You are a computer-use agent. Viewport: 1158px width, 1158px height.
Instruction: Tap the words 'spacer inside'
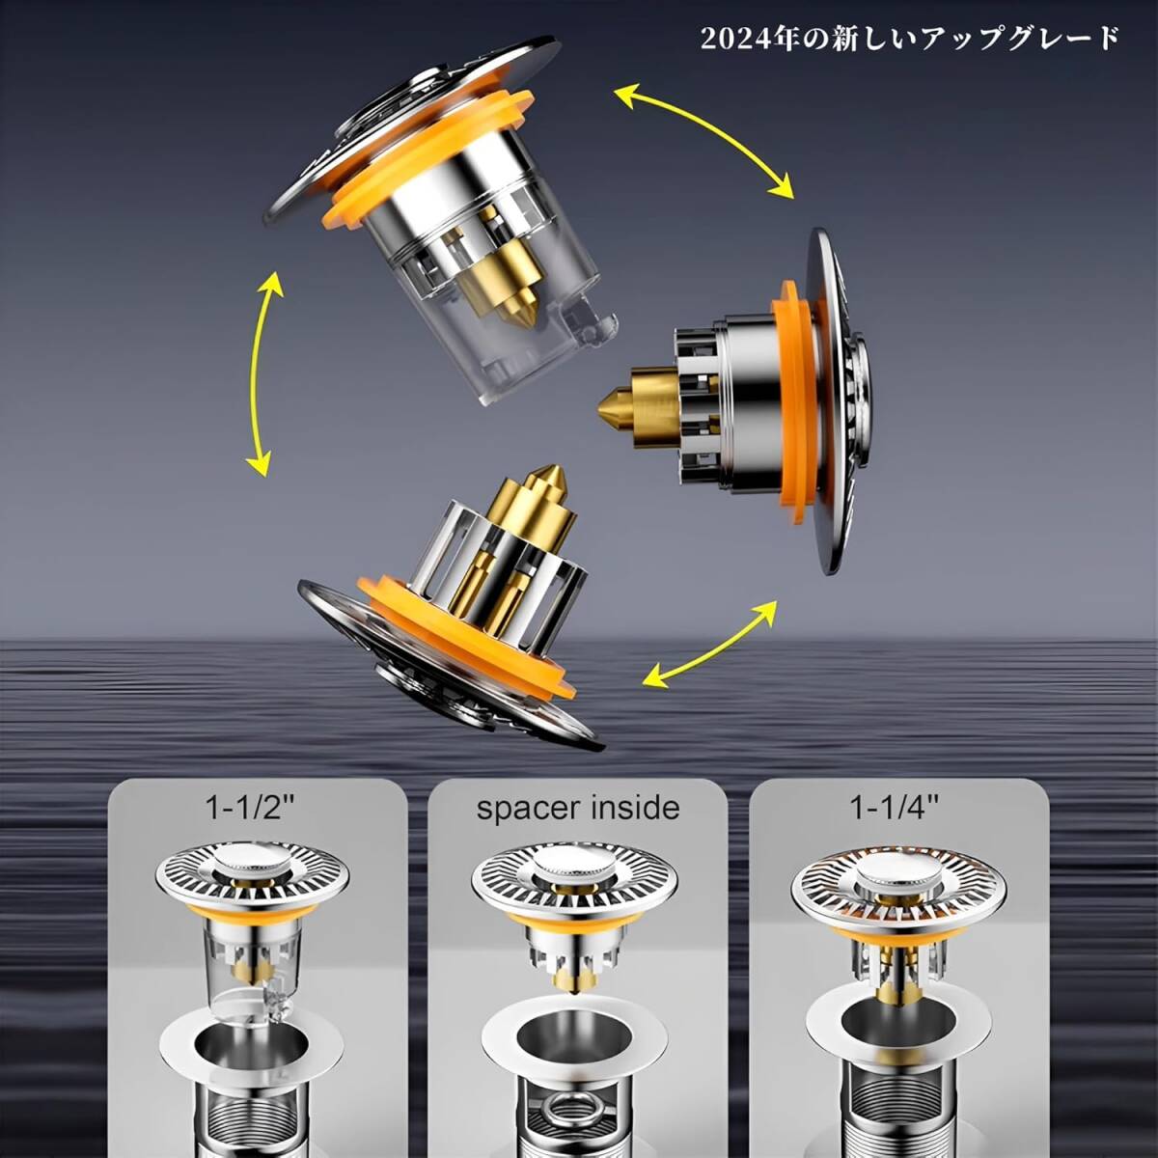pos(577,808)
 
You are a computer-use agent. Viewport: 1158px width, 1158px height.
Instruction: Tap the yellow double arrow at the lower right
pos(709,643)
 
